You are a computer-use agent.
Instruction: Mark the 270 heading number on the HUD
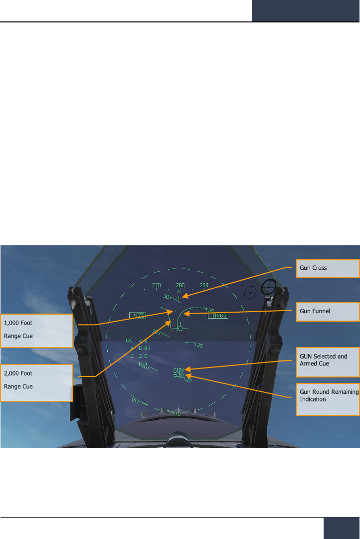pyautogui.click(x=157, y=286)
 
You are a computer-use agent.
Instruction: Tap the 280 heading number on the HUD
pyautogui.click(x=180, y=286)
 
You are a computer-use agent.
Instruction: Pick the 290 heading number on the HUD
pyautogui.click(x=204, y=286)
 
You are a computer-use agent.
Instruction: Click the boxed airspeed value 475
pyautogui.click(x=138, y=315)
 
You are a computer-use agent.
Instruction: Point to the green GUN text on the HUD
pyautogui.click(x=179, y=370)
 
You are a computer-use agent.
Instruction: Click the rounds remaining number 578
pyautogui.click(x=179, y=375)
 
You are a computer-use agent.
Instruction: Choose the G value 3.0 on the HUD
pyautogui.click(x=143, y=356)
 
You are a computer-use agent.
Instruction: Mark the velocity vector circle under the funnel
pyautogui.click(x=180, y=329)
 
